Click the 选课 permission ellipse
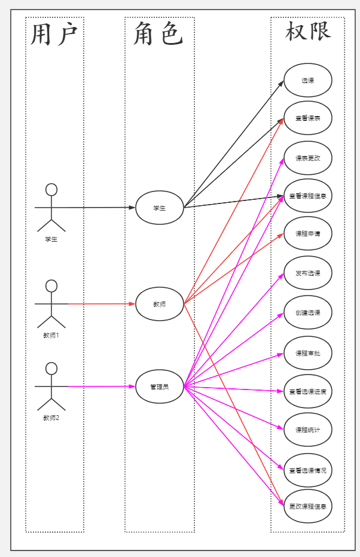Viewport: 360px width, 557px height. point(308,80)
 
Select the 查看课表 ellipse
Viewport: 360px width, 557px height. point(308,118)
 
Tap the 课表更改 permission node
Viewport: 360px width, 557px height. point(308,158)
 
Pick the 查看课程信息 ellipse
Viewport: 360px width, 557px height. point(308,196)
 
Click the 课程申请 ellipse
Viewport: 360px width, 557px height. point(308,233)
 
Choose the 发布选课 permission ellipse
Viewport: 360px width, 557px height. point(308,273)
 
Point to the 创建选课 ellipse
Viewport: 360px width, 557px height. point(308,312)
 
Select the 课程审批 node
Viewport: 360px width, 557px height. point(308,353)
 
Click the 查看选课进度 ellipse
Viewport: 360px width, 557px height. point(308,391)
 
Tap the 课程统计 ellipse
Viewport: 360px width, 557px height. point(308,430)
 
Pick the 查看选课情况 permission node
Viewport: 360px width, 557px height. point(308,470)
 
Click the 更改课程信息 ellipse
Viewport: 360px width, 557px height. point(308,506)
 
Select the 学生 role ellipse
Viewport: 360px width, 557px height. point(160,208)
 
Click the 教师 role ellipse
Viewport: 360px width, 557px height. point(160,304)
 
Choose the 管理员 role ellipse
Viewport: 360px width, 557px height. point(160,386)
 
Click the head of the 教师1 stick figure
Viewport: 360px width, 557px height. point(51,285)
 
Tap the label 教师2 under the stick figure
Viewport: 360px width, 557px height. point(51,418)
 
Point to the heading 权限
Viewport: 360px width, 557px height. point(308,31)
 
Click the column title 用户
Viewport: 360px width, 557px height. point(54,35)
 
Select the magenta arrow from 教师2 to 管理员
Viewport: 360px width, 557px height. point(102,386)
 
